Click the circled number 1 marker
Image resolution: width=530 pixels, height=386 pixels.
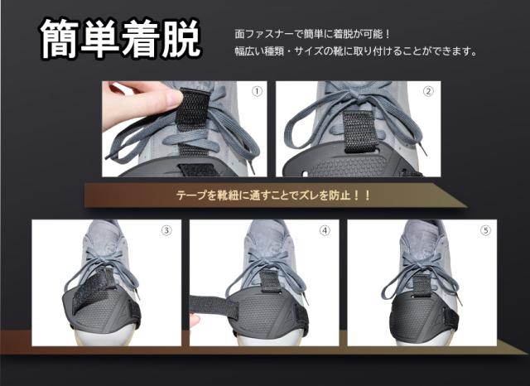point(257,91)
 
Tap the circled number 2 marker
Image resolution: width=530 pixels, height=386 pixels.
point(428,91)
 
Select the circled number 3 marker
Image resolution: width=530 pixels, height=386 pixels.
point(166,230)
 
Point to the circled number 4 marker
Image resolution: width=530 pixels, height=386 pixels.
point(325,230)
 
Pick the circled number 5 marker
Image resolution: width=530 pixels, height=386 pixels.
point(486,230)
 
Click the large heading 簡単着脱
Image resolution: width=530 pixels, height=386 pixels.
point(120,39)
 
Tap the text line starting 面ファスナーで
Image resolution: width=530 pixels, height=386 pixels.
point(312,34)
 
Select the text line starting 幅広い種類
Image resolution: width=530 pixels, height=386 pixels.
point(355,51)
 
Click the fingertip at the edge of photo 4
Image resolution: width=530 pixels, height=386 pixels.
point(195,320)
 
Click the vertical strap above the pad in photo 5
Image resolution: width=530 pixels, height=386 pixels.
point(422,285)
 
